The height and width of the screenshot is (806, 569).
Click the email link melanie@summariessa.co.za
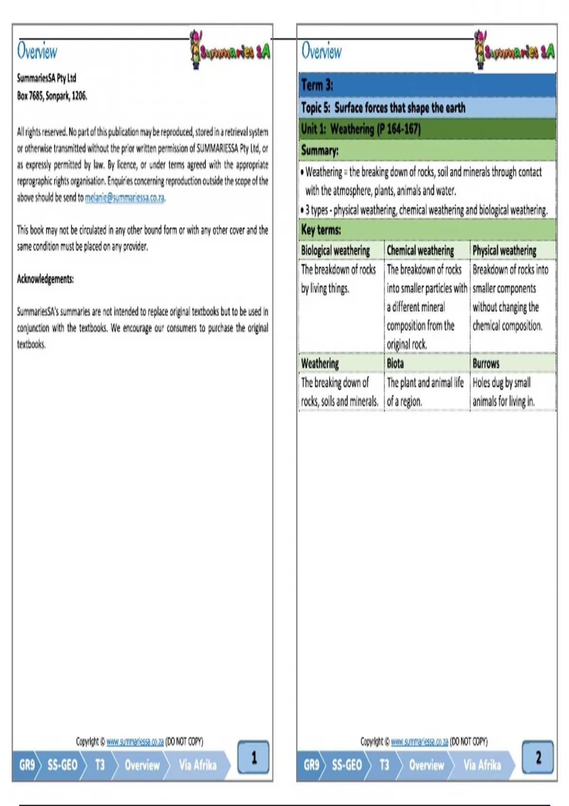(125, 198)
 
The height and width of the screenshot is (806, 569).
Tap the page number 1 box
(253, 757)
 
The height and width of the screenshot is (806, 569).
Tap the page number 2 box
(538, 757)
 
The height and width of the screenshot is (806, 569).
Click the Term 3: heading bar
(427, 85)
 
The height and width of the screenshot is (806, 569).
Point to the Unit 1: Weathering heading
(361, 128)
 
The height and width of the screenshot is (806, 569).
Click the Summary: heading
(320, 151)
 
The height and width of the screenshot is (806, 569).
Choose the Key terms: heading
(321, 230)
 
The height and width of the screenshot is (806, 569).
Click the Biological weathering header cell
(336, 250)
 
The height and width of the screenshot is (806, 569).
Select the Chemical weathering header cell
(420, 250)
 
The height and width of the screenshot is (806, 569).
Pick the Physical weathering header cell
(505, 250)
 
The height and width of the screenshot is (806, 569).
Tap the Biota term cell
(395, 364)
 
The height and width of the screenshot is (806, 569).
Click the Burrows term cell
(486, 364)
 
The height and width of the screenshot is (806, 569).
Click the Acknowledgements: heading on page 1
(46, 279)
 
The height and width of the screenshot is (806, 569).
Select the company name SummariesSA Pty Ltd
(46, 78)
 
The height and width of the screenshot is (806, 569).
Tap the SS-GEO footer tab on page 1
(62, 765)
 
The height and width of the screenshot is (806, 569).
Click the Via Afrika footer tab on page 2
(482, 765)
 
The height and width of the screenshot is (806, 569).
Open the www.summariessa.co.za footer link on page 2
(419, 742)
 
